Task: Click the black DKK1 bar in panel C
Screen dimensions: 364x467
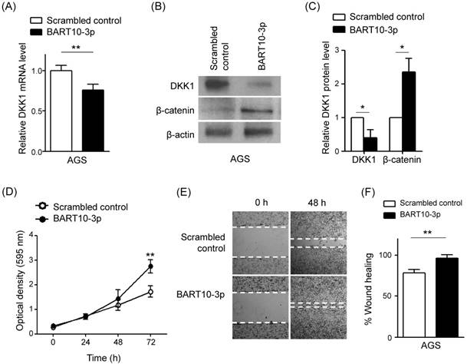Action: pyautogui.click(x=371, y=141)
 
